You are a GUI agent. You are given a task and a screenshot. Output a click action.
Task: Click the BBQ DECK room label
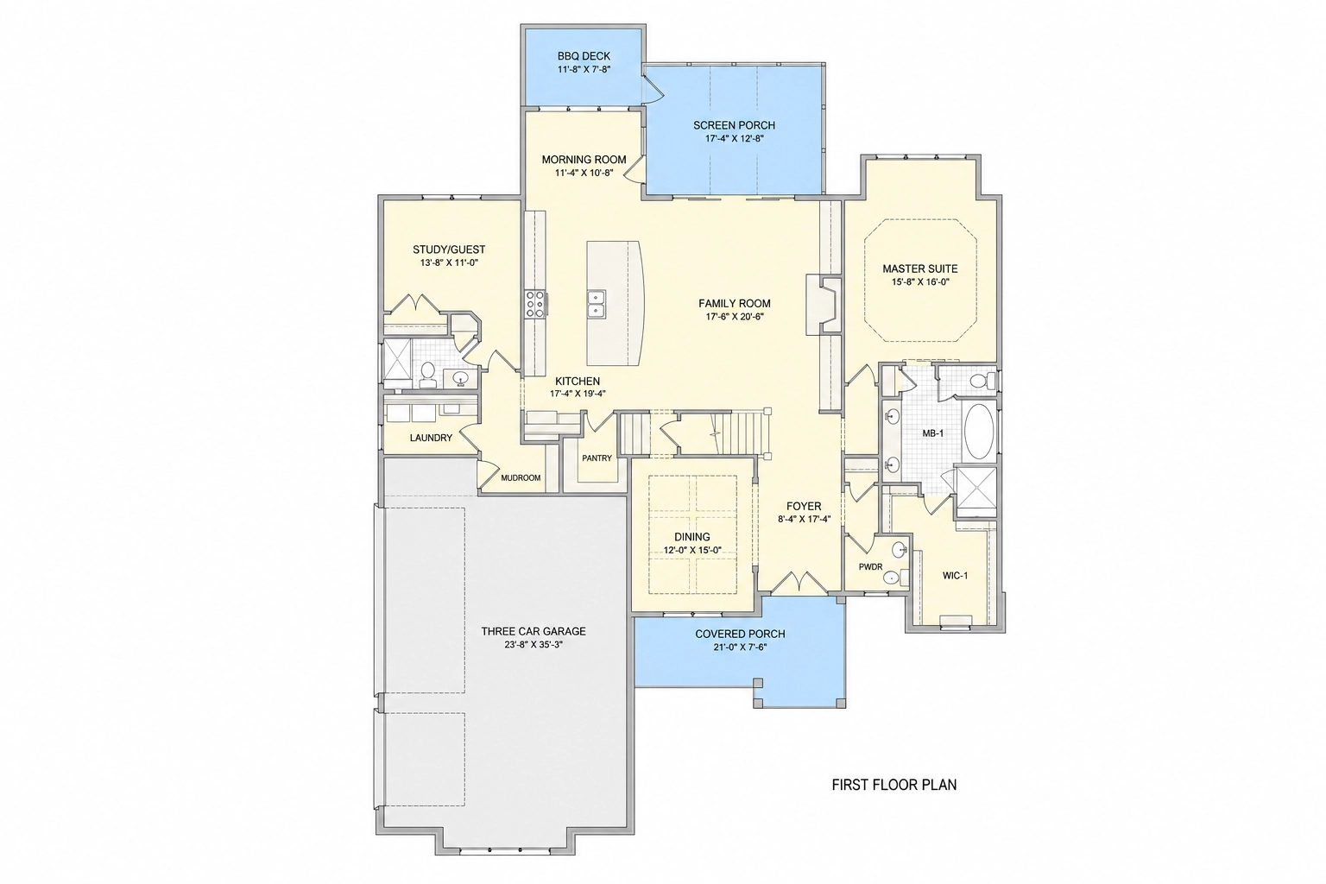point(584,56)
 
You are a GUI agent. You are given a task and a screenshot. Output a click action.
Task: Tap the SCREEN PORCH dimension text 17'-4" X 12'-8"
point(734,138)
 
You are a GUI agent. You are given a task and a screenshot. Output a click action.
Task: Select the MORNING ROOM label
point(584,159)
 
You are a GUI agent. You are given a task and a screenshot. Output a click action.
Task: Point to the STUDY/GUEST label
point(449,249)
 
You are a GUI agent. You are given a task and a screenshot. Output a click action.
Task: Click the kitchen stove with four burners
point(535,305)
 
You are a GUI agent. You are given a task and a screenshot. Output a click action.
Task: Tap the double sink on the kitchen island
point(596,305)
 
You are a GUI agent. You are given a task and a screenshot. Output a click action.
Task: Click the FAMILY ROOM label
point(734,304)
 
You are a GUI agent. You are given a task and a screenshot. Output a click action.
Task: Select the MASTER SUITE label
point(920,268)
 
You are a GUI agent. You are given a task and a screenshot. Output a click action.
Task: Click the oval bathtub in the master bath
point(980,431)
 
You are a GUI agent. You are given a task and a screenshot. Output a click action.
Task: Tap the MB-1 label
point(933,433)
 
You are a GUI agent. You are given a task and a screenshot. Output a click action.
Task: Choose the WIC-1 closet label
point(955,576)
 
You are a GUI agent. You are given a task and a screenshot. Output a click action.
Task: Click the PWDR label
point(871,566)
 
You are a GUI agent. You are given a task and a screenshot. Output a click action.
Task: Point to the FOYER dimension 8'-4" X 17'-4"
point(804,520)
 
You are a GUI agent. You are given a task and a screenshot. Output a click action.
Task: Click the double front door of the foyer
point(799,583)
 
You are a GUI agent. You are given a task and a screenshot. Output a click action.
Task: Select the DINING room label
point(692,537)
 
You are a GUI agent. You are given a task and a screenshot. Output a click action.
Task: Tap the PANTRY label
point(597,458)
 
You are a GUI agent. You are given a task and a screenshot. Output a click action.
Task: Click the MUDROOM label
point(521,477)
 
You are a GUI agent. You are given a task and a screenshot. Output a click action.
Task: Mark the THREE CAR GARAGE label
point(534,632)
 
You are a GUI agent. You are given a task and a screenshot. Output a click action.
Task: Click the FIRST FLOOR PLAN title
point(893,785)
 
